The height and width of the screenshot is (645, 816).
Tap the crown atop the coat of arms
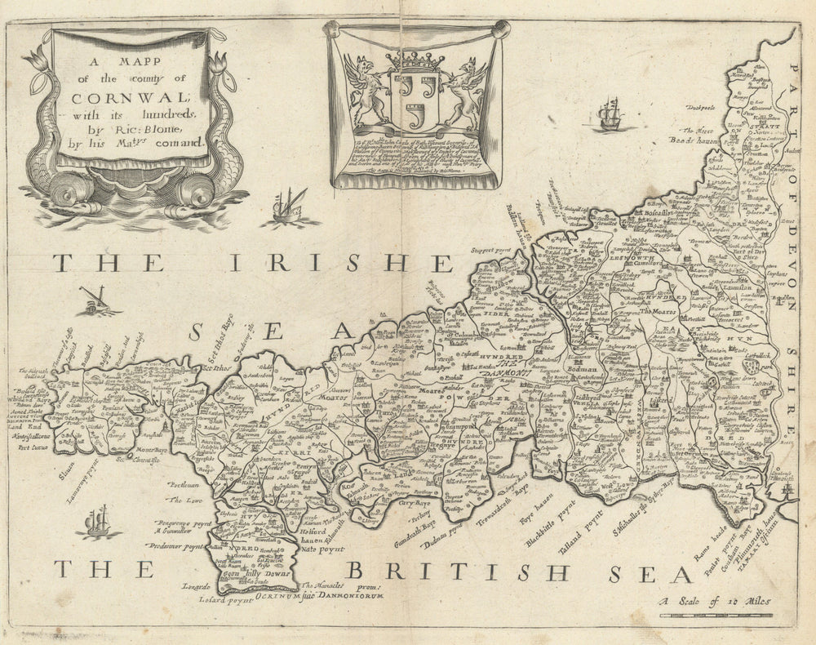411,61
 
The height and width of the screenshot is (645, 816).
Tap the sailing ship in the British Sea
97,523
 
